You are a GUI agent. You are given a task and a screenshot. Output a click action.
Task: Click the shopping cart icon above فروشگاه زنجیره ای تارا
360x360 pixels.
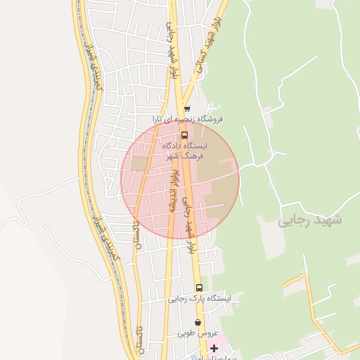coord(187,109)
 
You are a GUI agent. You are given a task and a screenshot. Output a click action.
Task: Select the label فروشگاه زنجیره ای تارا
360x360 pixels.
coord(191,120)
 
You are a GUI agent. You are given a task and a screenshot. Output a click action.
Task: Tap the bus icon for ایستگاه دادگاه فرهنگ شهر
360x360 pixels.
coord(184,135)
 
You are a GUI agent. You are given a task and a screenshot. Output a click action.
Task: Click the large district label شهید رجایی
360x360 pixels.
coord(309,220)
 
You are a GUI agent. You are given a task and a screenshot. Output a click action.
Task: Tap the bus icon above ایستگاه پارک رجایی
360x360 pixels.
coord(199,288)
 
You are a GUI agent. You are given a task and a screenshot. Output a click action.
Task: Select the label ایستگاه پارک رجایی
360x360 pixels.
coord(199,299)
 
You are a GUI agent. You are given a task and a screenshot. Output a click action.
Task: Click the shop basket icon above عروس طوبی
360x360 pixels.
coord(198,322)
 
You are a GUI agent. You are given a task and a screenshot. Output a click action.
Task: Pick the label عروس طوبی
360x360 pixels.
coord(198,333)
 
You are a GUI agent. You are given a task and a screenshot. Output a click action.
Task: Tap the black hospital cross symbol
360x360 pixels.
coord(214,348)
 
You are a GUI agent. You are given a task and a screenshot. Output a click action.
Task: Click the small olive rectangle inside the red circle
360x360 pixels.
coord(140,163)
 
